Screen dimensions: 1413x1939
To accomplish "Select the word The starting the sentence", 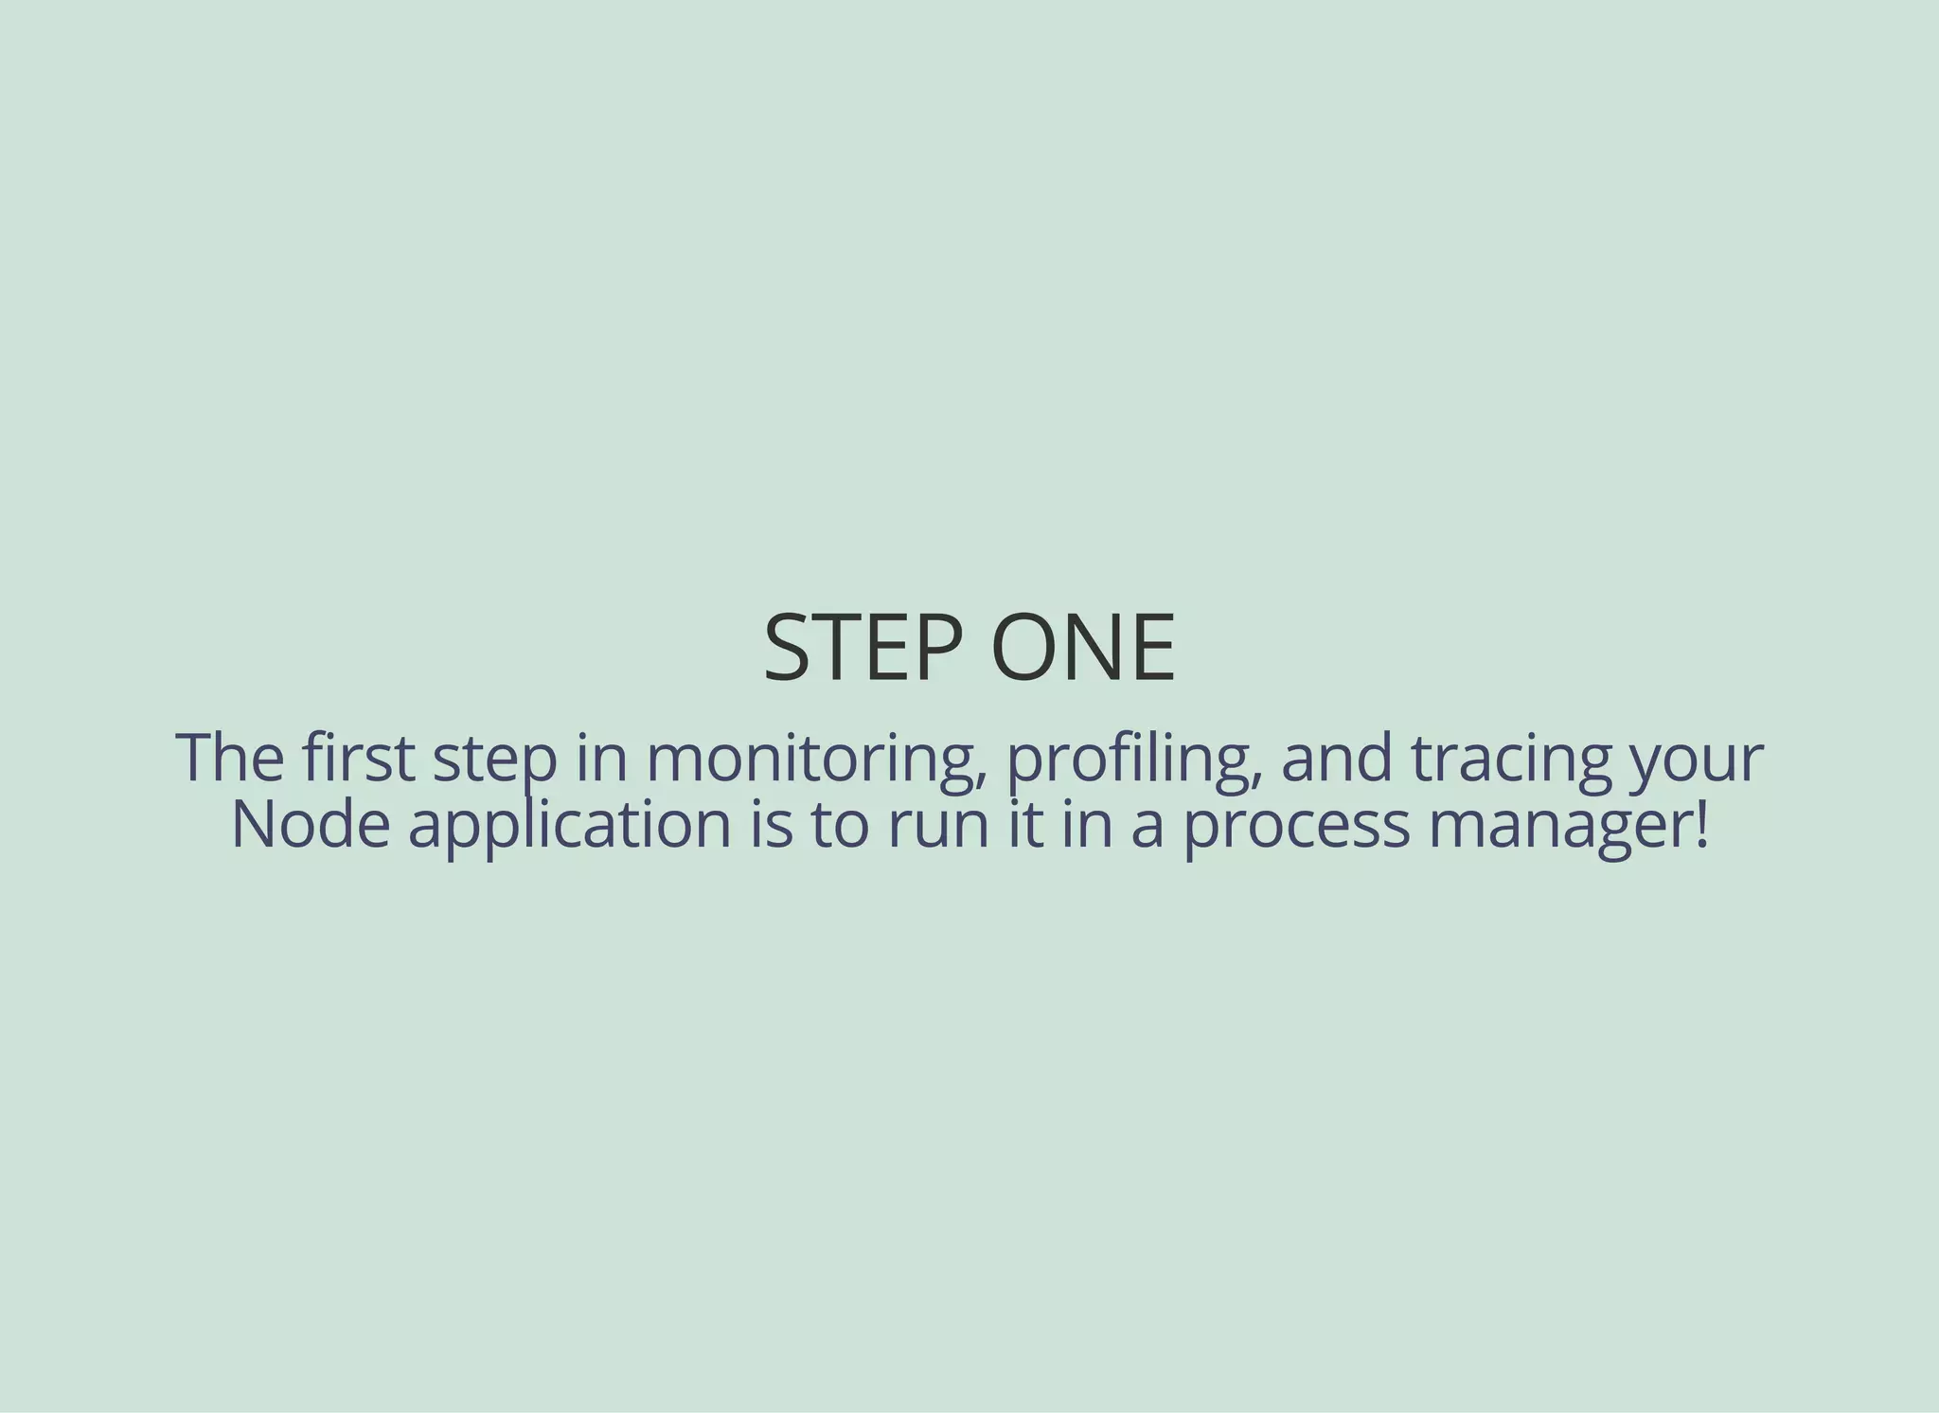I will click(x=230, y=758).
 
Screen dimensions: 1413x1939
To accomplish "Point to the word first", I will click(x=359, y=758).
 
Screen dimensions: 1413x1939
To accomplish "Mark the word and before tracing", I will click(x=1337, y=758).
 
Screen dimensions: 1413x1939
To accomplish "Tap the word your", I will click(x=1696, y=763).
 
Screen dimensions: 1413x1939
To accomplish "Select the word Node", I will click(x=311, y=824).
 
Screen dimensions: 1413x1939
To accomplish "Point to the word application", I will click(x=570, y=826).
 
